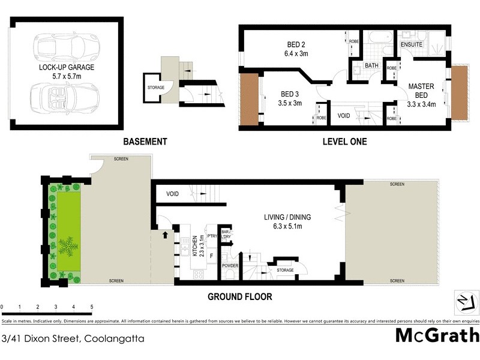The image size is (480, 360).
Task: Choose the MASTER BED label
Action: click(x=421, y=91)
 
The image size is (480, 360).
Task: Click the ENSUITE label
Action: click(x=411, y=45)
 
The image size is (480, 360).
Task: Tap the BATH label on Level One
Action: click(x=371, y=65)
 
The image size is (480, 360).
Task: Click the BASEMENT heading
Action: click(x=145, y=142)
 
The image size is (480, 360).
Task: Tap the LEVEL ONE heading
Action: click(x=344, y=142)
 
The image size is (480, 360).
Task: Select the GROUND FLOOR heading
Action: click(x=240, y=296)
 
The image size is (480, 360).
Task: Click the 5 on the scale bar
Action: click(x=92, y=307)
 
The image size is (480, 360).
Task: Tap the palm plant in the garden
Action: click(x=67, y=246)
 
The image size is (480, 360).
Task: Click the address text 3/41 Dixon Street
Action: click(x=73, y=338)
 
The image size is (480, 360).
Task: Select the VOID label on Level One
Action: click(x=344, y=115)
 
